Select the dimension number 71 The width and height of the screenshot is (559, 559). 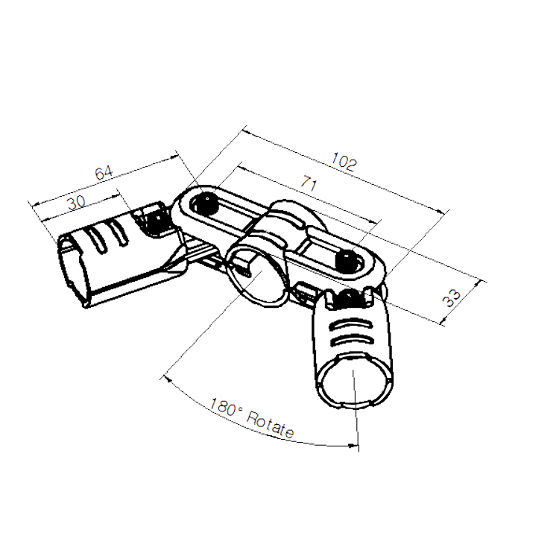(x=305, y=186)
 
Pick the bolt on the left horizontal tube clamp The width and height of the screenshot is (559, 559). (x=156, y=220)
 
